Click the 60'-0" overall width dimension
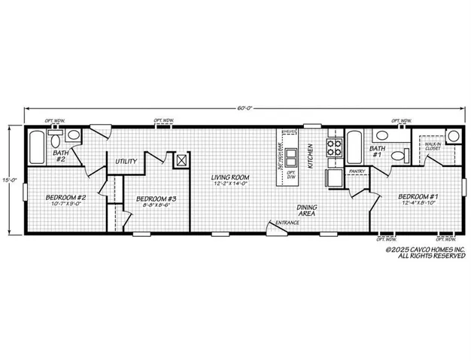pyautogui.click(x=243, y=108)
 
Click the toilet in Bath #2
pyautogui.click(x=74, y=136)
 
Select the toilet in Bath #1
pyautogui.click(x=381, y=136)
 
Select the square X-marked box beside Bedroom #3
pyautogui.click(x=181, y=159)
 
